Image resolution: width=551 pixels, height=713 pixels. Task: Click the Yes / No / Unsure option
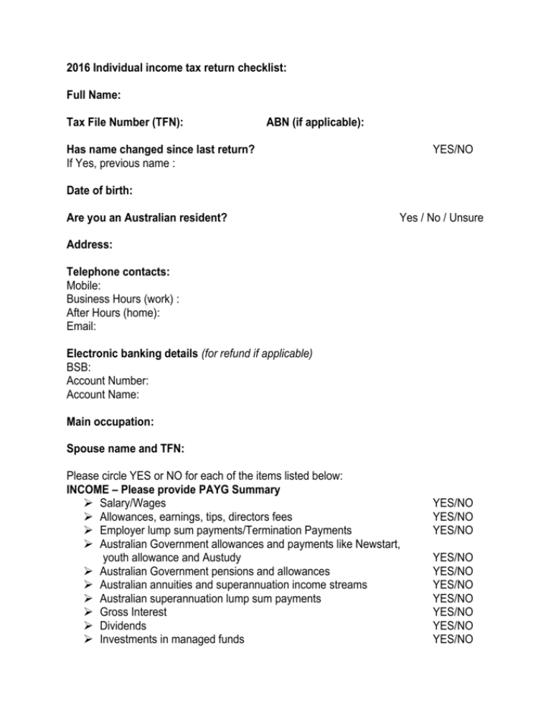441,218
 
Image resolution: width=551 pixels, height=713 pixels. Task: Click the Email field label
80,326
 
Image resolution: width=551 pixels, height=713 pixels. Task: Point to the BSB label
78,367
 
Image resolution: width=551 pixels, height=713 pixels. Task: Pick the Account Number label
107,380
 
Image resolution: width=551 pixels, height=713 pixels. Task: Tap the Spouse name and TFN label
126,448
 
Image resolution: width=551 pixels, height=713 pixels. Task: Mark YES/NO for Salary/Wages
453,504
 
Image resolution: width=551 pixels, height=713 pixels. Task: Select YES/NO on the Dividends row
453,625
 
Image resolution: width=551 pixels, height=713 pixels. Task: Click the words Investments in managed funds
171,639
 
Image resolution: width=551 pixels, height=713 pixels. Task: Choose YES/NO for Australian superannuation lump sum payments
453,598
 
